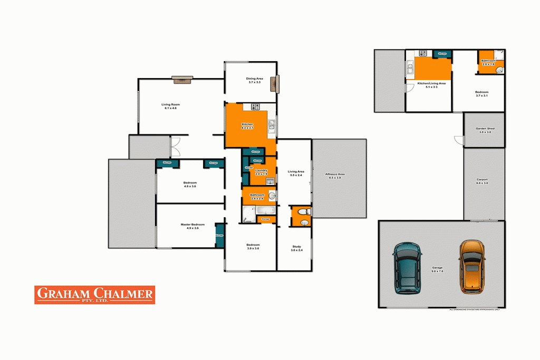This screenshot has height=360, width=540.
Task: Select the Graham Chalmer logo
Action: pyautogui.click(x=95, y=295)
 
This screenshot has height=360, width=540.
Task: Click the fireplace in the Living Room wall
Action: pyautogui.click(x=183, y=80)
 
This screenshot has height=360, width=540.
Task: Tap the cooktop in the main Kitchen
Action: pyautogui.click(x=256, y=107)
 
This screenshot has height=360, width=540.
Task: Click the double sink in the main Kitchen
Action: pyautogui.click(x=271, y=125)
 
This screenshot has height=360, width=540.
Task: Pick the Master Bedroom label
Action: pyautogui.click(x=189, y=226)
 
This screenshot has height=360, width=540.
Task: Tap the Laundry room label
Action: pyautogui.click(x=261, y=171)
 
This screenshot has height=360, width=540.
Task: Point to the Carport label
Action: pyautogui.click(x=482, y=181)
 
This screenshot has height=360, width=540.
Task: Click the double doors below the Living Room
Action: pyautogui.click(x=176, y=146)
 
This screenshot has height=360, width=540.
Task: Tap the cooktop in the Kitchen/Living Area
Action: pyautogui.click(x=423, y=53)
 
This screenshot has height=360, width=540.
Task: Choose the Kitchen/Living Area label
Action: pyautogui.click(x=431, y=84)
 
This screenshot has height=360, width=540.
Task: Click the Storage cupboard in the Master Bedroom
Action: pyautogui.click(x=219, y=235)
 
